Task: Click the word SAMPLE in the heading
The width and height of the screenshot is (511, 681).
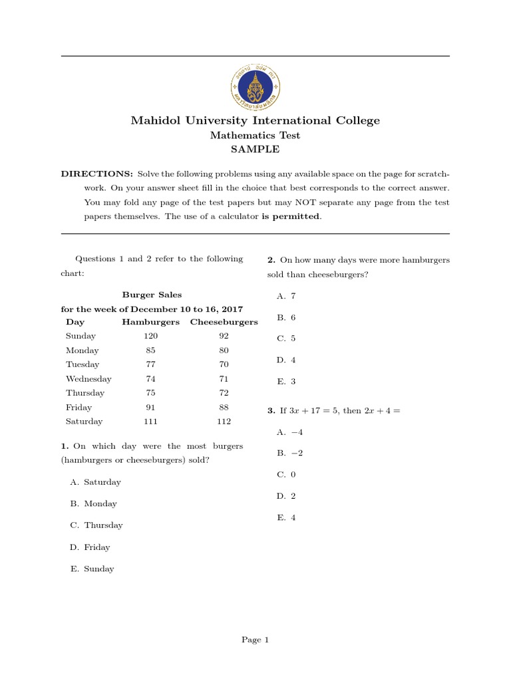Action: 255,150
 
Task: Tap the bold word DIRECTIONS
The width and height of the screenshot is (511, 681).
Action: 97,174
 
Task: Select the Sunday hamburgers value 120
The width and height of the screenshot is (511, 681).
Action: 150,336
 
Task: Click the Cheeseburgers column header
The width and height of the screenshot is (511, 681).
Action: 224,322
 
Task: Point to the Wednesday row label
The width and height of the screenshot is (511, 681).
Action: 88,378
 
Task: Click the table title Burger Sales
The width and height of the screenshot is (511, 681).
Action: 152,295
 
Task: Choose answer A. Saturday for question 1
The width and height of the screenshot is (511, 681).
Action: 96,482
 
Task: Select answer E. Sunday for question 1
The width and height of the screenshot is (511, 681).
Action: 92,569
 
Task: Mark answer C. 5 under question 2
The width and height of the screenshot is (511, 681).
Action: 286,338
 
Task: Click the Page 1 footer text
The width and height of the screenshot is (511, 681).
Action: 255,640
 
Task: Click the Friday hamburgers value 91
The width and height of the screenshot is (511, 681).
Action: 150,407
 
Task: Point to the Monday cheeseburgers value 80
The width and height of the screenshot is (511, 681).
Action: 224,350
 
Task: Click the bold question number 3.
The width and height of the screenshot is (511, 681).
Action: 271,411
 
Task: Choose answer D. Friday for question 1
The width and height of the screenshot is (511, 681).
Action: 90,547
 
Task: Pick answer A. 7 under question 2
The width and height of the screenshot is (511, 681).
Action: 286,296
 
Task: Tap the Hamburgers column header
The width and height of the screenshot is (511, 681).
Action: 150,322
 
